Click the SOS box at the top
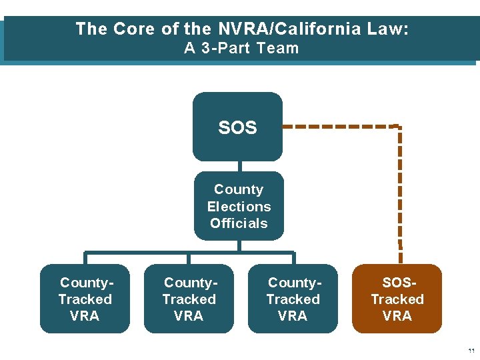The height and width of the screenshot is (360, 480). coord(237,127)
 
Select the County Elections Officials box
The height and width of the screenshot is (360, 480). coord(239,206)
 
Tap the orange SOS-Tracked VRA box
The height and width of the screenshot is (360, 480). coord(397,299)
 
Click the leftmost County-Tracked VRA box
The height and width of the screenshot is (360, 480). coord(85,299)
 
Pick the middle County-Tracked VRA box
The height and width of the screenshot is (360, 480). coord(189,299)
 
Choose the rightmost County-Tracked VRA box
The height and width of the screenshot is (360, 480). coord(293,299)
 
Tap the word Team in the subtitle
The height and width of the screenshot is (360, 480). coord(281,48)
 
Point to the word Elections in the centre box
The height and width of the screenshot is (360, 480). coord(239,207)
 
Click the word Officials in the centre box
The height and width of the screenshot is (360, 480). coord(239,223)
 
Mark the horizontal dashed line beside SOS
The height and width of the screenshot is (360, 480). coord(340,126)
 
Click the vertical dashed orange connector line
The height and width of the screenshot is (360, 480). coord(400,187)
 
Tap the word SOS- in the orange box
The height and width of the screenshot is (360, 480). coord(397,283)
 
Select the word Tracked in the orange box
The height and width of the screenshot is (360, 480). coord(397,299)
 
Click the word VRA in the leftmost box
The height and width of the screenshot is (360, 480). coord(85,316)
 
